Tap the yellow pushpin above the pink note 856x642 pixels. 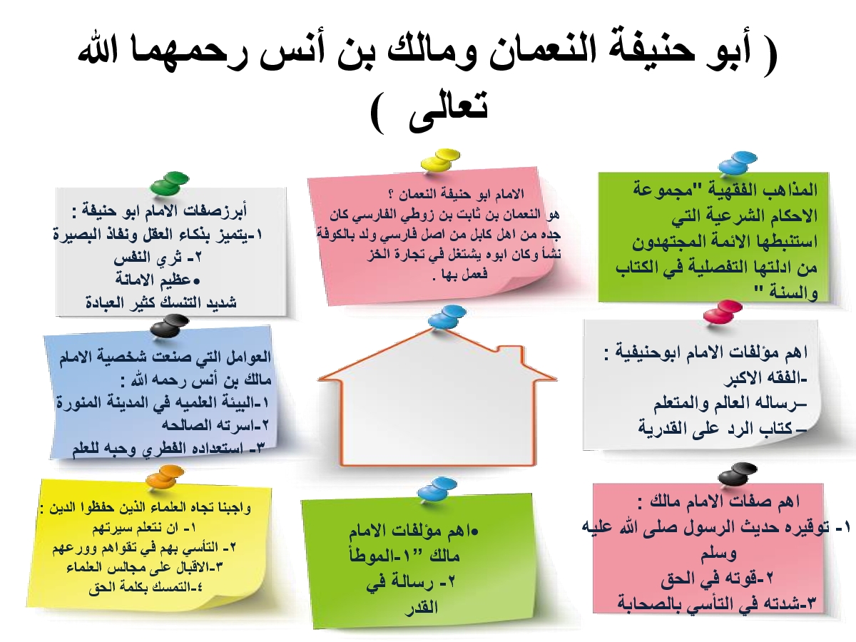click(441, 159)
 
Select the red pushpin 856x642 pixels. click(723, 311)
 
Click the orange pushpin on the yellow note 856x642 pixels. click(165, 477)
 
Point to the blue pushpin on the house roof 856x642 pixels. click(447, 317)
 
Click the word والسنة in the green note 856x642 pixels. click(795, 293)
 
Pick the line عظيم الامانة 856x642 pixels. click(158, 280)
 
